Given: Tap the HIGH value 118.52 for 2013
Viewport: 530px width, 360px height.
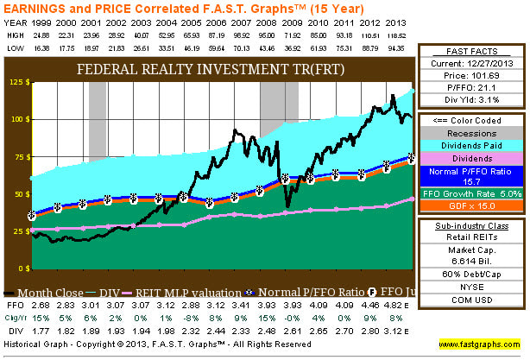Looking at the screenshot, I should pyautogui.click(x=396, y=35).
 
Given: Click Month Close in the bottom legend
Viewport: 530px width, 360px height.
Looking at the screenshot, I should pyautogui.click(x=58, y=294).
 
